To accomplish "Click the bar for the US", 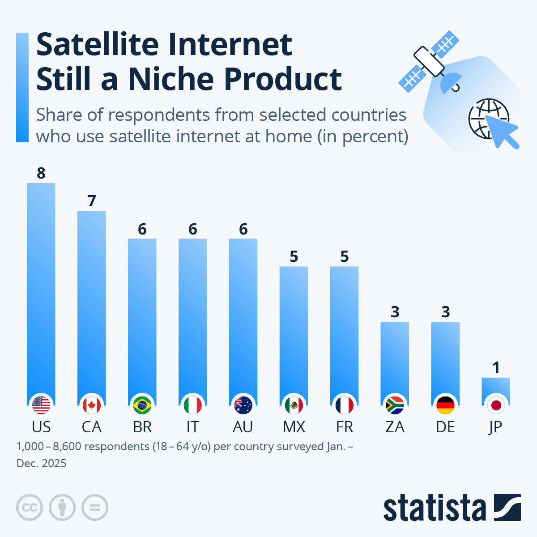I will (41, 286).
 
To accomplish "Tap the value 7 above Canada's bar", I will (92, 201).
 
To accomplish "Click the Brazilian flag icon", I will (142, 405).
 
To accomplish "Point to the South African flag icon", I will (395, 405).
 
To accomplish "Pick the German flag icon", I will (445, 405).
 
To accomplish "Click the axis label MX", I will (294, 427).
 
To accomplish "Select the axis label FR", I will (345, 427).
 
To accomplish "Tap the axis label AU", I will (243, 427).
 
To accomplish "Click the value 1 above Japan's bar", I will (496, 367).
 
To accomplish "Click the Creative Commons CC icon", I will (30, 507).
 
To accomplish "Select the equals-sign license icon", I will (95, 507).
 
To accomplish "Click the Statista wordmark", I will (434, 508).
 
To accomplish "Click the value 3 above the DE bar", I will (445, 312).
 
